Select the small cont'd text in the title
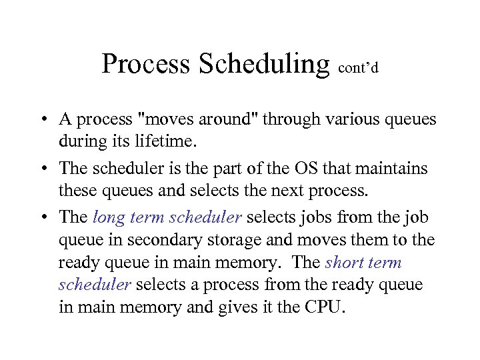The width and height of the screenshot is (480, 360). [x=359, y=67]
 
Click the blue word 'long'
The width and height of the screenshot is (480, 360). [x=107, y=217]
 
